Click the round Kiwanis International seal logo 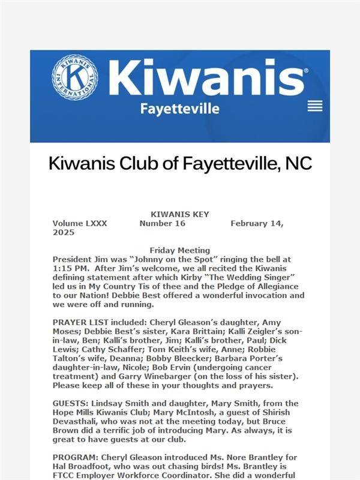(74, 77)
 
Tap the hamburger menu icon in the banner (315, 106)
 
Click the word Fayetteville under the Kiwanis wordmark (179, 109)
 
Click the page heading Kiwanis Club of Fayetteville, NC (180, 163)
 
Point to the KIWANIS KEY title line (179, 215)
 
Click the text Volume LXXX (80, 223)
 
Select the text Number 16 (162, 223)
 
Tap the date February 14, (257, 223)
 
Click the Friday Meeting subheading (179, 250)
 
